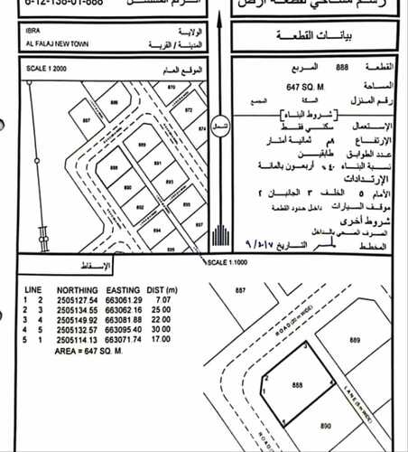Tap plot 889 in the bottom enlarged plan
click(355, 341)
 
